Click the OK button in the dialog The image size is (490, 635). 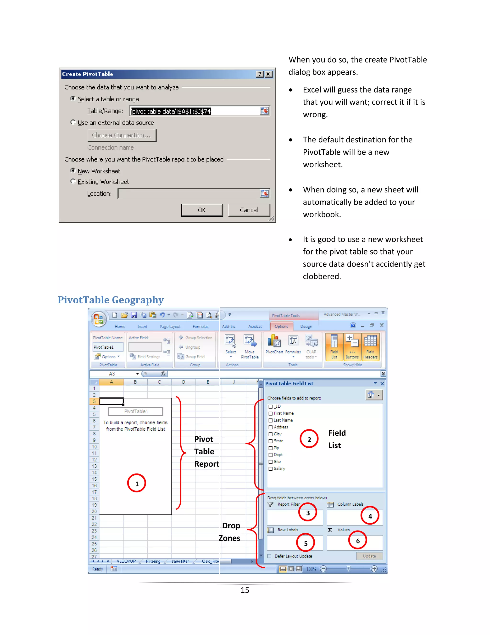(x=202, y=210)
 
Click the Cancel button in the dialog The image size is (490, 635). (x=249, y=210)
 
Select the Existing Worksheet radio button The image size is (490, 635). (x=73, y=181)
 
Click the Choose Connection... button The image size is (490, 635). (x=122, y=135)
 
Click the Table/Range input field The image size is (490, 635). (x=195, y=111)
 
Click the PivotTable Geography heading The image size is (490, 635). (x=111, y=300)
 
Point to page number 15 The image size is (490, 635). (x=245, y=590)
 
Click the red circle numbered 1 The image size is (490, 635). (x=136, y=483)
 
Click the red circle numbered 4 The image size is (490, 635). (x=370, y=516)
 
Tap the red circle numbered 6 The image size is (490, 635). (x=358, y=541)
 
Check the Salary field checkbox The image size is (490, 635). (x=271, y=469)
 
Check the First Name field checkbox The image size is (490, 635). (x=271, y=413)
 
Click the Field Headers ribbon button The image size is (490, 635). (x=370, y=346)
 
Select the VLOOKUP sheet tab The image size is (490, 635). (x=126, y=561)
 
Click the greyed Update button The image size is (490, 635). (x=369, y=556)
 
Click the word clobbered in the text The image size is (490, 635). (x=321, y=276)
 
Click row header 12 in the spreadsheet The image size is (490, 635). (x=94, y=460)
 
